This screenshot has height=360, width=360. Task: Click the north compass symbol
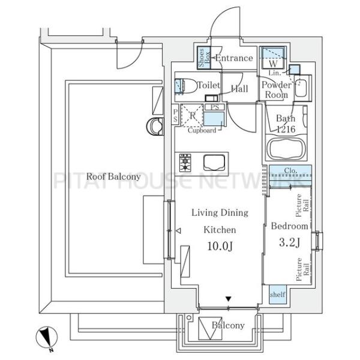point(47,338)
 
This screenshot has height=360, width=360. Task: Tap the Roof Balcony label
point(113,176)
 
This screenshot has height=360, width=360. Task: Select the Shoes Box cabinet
point(204,58)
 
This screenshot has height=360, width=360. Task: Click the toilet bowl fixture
point(186,86)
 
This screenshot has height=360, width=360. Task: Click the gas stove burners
point(185,163)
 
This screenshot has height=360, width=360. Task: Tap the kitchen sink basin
point(214,163)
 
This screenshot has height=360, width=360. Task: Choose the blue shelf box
point(278,295)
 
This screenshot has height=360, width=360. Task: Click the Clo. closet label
point(290,170)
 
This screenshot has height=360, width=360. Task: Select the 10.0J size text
point(220,246)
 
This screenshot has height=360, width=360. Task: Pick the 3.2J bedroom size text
point(290,242)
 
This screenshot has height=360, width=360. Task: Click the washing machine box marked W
point(273,58)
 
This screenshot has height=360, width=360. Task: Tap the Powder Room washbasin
point(301,88)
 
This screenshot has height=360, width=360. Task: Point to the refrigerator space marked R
point(192,115)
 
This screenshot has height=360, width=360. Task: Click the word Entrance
point(234,58)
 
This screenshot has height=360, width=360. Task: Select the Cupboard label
point(202,130)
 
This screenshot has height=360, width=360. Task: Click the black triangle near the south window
point(228,299)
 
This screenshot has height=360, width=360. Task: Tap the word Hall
point(239,89)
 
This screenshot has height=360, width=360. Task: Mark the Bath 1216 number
point(286,129)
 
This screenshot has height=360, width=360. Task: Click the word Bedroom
point(290,226)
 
